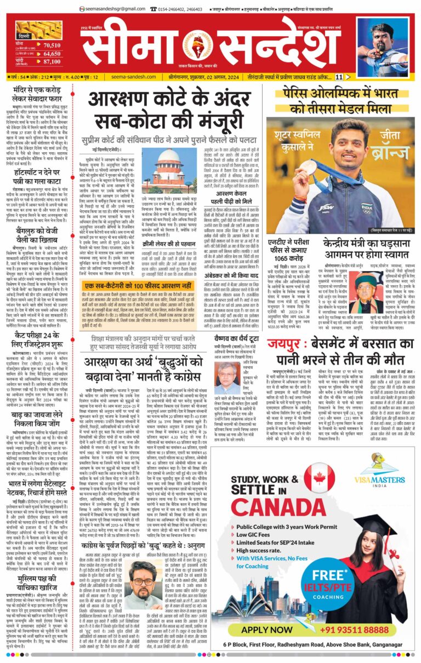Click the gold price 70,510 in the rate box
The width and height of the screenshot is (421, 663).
[52, 44]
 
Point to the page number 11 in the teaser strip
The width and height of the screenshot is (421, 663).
[355, 77]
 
